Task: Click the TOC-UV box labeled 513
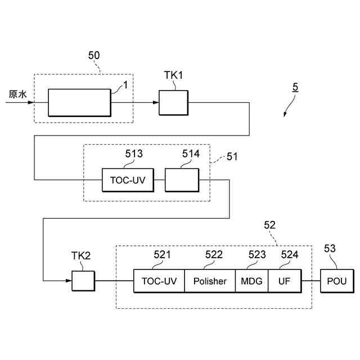[x=128, y=180]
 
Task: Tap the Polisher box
[x=210, y=281]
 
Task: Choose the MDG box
[x=252, y=281]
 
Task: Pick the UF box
[x=284, y=281]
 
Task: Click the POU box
[x=337, y=281]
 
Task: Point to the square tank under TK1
[x=174, y=102]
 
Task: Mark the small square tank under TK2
[x=83, y=281]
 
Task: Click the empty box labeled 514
[x=182, y=180]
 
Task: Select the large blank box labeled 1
[x=79, y=102]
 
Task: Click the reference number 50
[x=94, y=55]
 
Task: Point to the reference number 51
[x=232, y=157]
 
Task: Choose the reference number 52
[x=270, y=225]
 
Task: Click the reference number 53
[x=330, y=248]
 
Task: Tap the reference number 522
[x=214, y=255]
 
